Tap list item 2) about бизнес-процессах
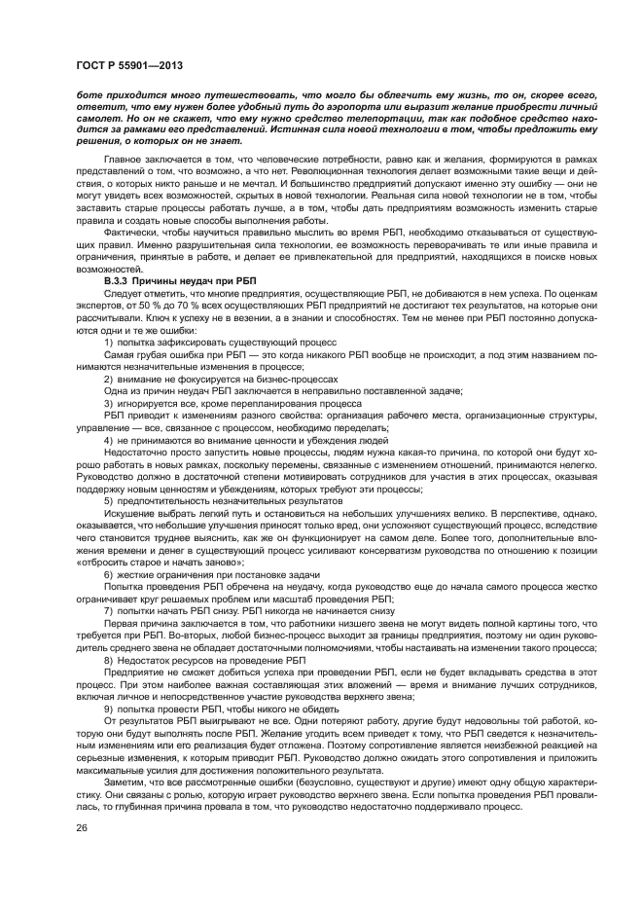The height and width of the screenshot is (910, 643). click(x=221, y=379)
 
